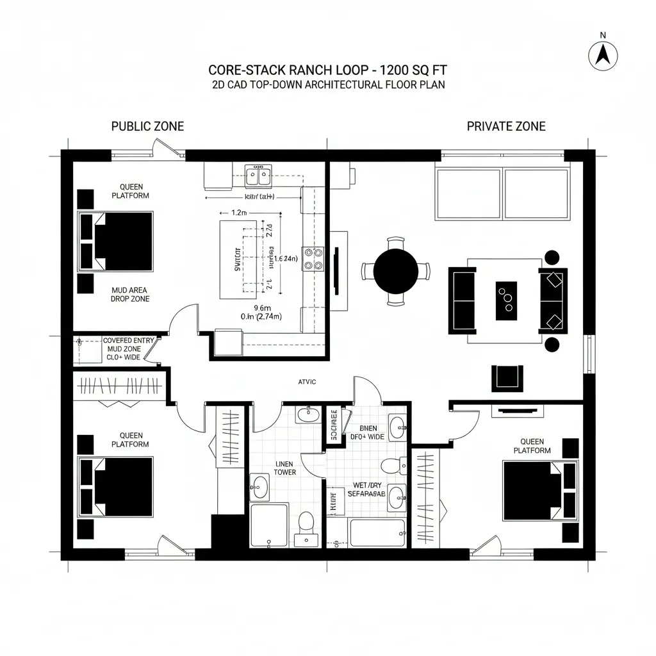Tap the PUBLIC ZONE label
(147, 126)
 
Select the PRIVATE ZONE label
(506, 126)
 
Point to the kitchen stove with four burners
(313, 258)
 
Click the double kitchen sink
(259, 174)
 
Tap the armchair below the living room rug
(507, 377)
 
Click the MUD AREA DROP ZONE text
(130, 295)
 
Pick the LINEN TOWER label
(285, 468)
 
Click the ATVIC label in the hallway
(307, 382)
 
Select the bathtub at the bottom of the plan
(377, 532)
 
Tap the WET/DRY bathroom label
(366, 490)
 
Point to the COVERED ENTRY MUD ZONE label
(128, 349)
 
